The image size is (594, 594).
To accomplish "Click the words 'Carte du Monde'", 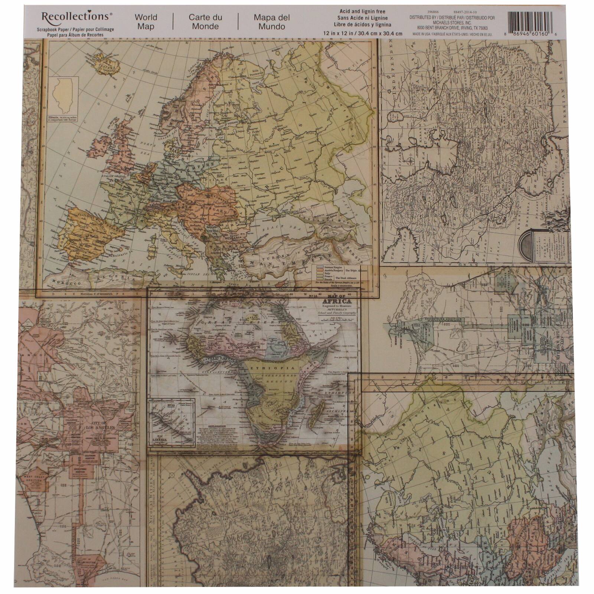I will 205,22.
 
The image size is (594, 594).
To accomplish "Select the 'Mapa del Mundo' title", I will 272,22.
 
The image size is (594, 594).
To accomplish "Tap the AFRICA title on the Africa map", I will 337,301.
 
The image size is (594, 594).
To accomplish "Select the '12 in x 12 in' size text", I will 362,33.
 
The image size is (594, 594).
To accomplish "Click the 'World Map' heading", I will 146,22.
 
